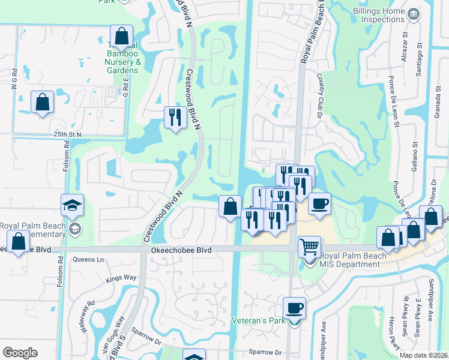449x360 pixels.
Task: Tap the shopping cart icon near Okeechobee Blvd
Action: pos(309,246)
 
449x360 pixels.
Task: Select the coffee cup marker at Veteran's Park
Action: pos(294,308)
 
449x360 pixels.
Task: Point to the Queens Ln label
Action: pos(88,260)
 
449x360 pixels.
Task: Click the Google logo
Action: pos(20,353)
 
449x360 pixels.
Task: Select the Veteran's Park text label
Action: pos(259,321)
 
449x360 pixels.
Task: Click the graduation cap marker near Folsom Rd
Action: pos(72,206)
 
